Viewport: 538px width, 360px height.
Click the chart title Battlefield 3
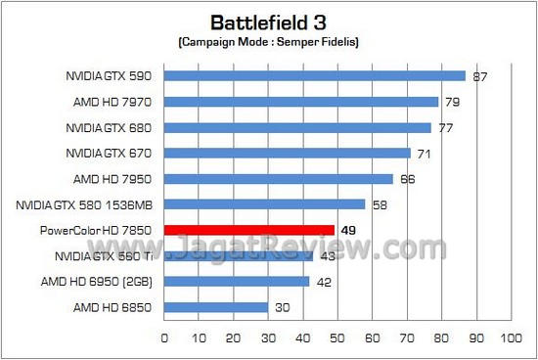pos(268,22)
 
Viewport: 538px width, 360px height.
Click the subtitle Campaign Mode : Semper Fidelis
pos(268,44)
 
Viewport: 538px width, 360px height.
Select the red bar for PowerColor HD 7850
pos(248,230)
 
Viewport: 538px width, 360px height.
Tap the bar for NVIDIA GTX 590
pos(314,75)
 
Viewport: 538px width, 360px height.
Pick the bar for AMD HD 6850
pos(215,307)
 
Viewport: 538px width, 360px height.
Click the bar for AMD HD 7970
pos(300,101)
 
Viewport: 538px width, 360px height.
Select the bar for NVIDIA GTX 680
pos(296,127)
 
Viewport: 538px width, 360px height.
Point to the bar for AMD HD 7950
pos(278,178)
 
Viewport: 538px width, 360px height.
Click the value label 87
pos(480,75)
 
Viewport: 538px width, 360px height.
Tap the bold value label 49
pos(348,230)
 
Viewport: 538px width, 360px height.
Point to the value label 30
pos(282,307)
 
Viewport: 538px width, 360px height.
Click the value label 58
pos(380,204)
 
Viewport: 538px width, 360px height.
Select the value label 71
pos(425,153)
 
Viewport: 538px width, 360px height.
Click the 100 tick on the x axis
pos(510,337)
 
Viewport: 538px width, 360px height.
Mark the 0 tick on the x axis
pos(163,337)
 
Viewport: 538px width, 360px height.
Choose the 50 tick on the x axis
pos(336,337)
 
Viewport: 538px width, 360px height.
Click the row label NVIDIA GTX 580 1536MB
pos(85,204)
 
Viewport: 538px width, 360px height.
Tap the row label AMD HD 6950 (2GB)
pos(101,282)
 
